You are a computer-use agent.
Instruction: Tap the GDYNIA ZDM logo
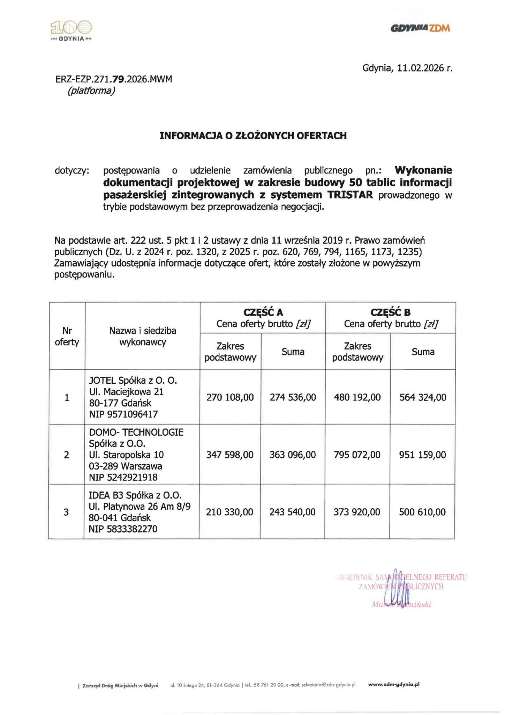tap(420, 28)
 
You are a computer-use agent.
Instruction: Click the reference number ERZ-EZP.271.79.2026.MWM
tap(114, 79)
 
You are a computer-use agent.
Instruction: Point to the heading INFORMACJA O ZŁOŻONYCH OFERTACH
tap(253, 135)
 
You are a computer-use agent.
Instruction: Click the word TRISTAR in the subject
tap(350, 194)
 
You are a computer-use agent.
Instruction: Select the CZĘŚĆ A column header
tap(263, 312)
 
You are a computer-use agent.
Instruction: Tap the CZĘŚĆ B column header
tap(390, 312)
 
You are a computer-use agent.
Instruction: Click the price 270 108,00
tap(230, 397)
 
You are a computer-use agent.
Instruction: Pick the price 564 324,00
tap(423, 397)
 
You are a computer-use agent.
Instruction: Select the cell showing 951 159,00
tap(422, 455)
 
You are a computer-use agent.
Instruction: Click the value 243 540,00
tap(292, 512)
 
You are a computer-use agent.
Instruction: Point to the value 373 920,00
tap(357, 512)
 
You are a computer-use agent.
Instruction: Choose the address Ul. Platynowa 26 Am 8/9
tap(140, 506)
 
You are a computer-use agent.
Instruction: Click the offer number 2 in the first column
tap(66, 455)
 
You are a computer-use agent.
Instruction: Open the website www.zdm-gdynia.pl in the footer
tap(393, 685)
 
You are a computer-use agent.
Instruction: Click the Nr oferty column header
tap(67, 336)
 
